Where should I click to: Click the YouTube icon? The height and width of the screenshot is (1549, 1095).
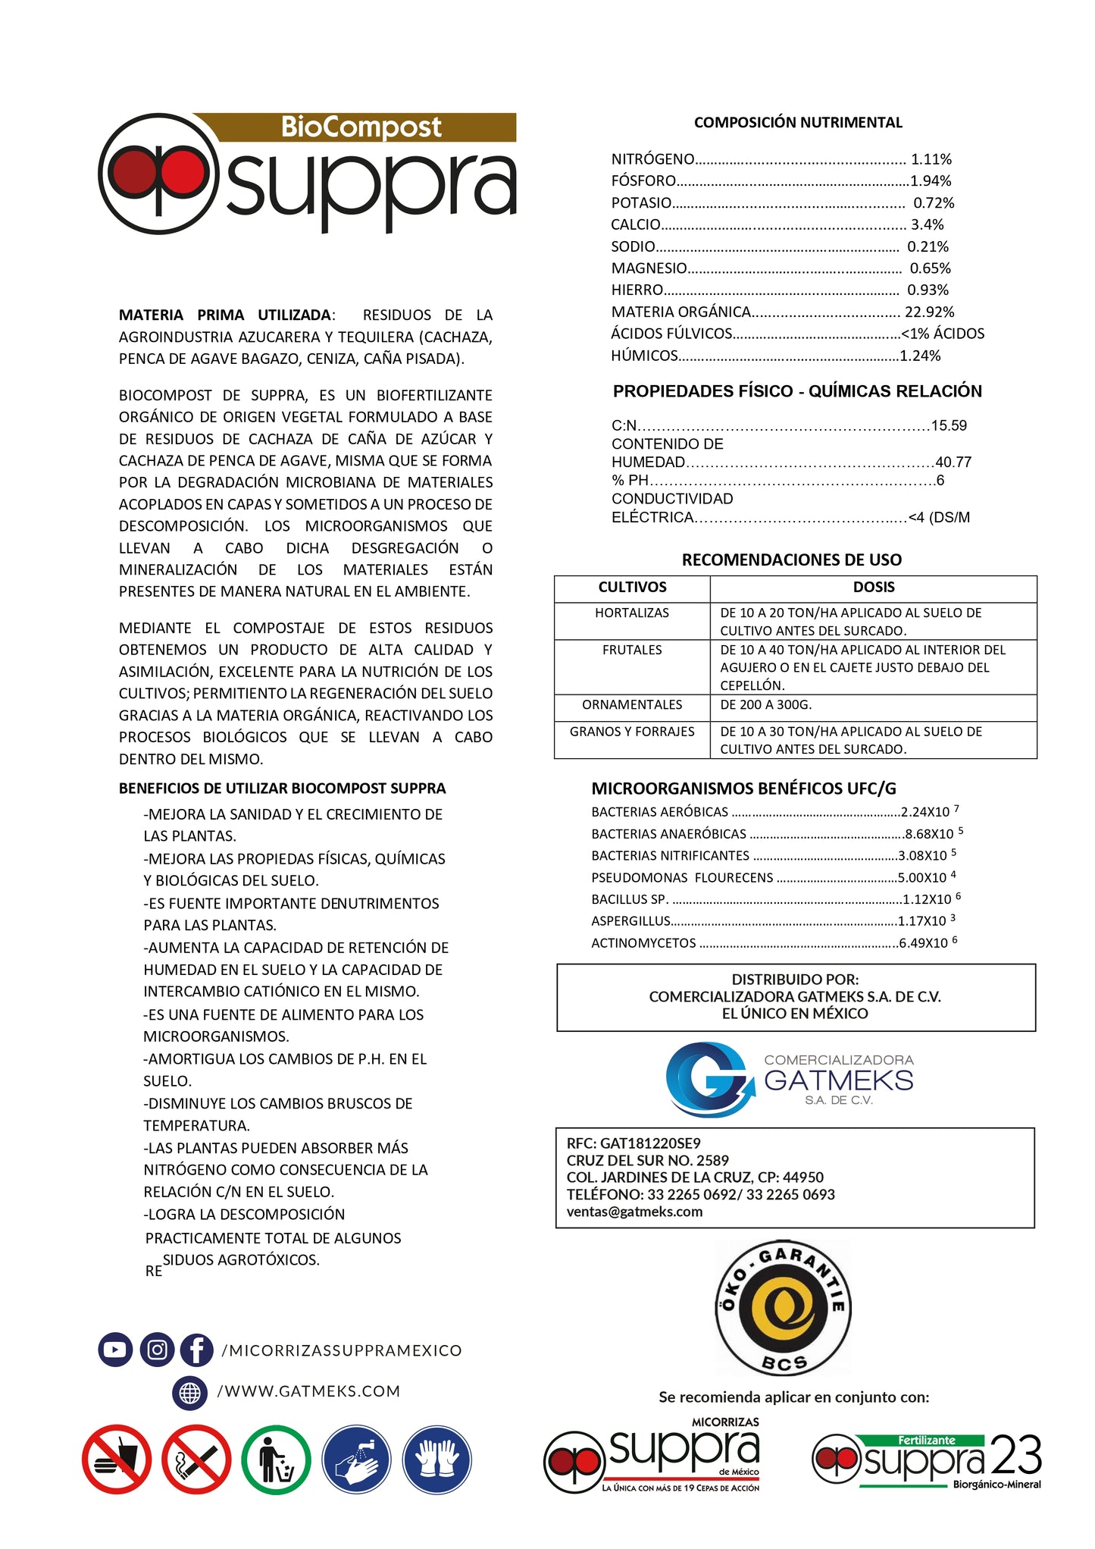click(115, 1350)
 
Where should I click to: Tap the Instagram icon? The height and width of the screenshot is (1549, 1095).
click(157, 1350)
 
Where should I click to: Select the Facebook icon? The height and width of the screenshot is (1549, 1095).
click(197, 1350)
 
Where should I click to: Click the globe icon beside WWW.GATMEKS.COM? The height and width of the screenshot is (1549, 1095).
click(189, 1392)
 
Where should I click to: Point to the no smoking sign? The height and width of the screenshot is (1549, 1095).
click(196, 1459)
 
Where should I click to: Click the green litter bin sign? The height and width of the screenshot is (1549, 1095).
click(276, 1459)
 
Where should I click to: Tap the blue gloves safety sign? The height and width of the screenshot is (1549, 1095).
click(436, 1459)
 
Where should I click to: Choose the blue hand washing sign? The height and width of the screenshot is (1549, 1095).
click(356, 1459)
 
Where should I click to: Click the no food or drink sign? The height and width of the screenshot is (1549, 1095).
click(117, 1459)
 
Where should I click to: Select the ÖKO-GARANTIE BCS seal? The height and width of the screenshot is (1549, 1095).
click(784, 1307)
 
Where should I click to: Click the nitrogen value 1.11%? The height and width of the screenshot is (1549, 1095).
click(931, 159)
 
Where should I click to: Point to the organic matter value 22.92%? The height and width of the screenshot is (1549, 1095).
click(929, 312)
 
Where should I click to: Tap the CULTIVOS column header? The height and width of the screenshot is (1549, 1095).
click(632, 588)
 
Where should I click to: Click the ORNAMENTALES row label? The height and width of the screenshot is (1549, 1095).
click(632, 705)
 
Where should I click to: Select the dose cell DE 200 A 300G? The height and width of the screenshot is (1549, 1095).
click(765, 705)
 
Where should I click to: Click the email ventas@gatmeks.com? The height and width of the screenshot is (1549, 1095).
click(634, 1212)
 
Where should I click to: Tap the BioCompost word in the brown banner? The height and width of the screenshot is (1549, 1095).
click(361, 127)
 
